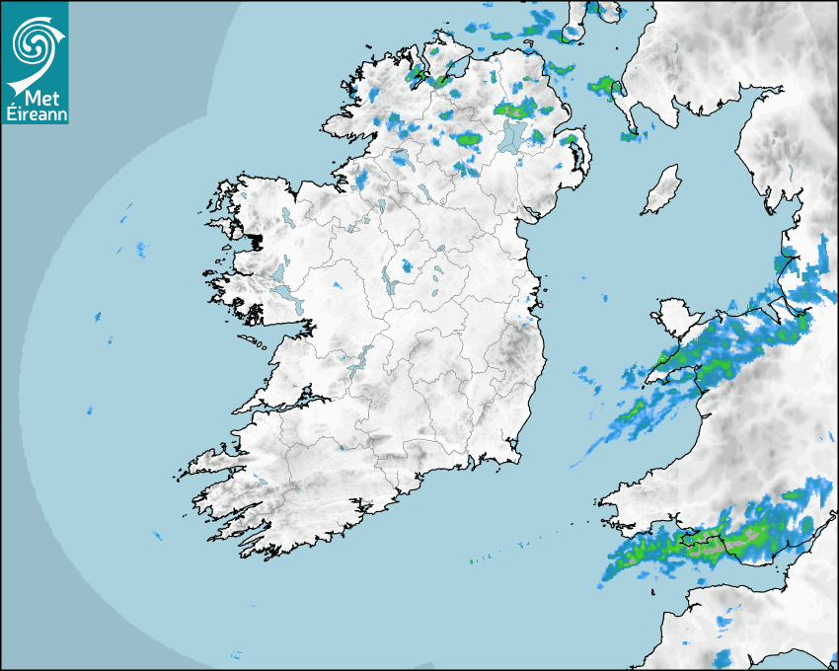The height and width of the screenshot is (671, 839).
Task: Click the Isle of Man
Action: click(x=661, y=189)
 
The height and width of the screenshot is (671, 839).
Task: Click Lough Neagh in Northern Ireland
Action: click(x=512, y=135)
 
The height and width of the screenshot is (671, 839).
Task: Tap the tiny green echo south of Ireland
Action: click(x=472, y=561)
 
